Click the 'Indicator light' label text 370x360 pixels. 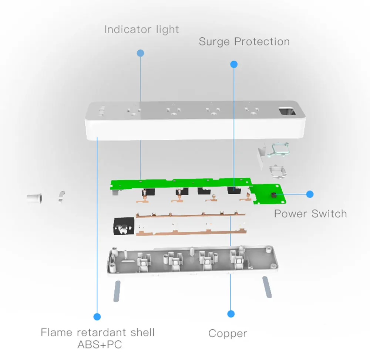coord(141,30)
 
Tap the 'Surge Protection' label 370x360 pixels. coord(244,41)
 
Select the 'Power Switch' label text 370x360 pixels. coord(310,214)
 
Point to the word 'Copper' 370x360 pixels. coord(228,333)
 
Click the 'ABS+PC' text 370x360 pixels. coord(99,344)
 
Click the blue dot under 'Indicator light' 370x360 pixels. coord(140,53)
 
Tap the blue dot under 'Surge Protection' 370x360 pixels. coord(233,64)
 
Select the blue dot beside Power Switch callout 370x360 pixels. coord(310,194)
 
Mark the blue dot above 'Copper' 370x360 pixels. coord(231,314)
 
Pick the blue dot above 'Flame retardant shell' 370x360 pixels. coord(97,316)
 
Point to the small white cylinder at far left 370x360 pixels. coord(34,198)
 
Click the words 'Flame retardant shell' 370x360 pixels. coord(97,332)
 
